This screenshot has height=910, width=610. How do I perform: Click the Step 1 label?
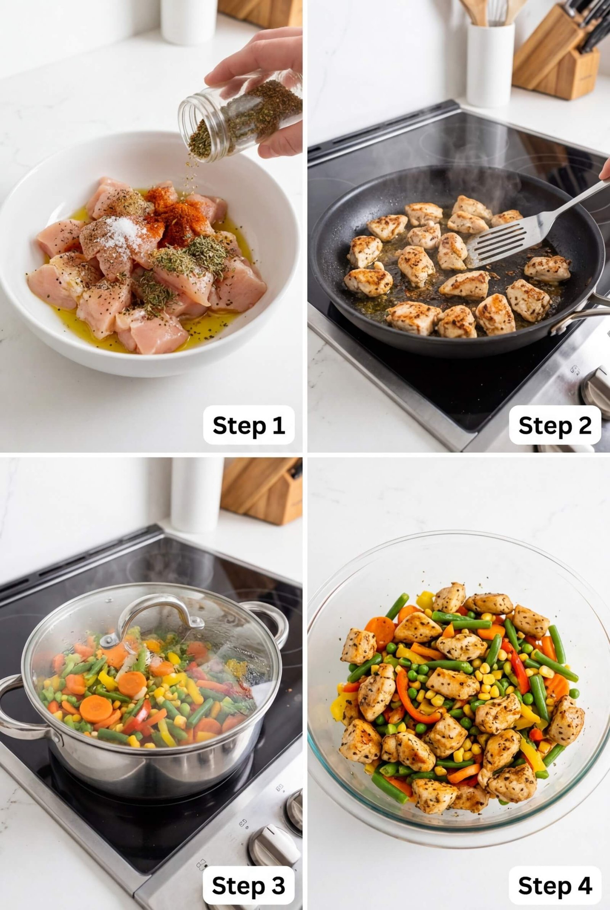coord(249,425)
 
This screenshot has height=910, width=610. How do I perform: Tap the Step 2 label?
coord(555,425)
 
